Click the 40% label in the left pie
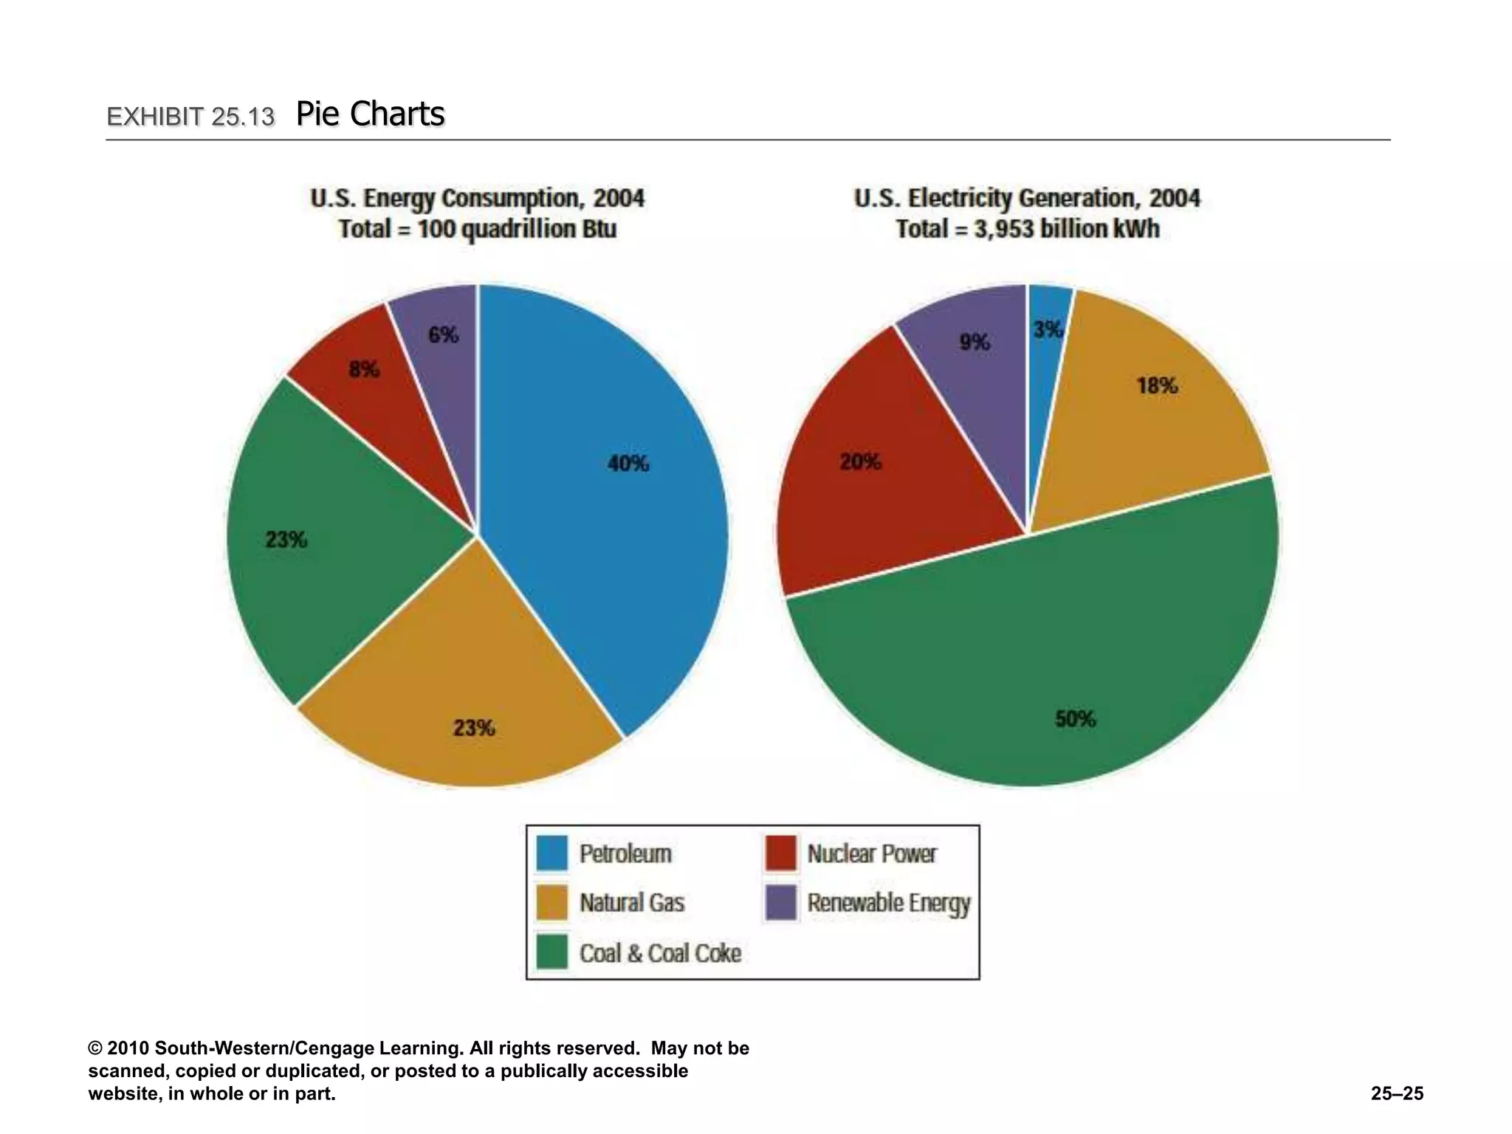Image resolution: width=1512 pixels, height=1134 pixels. pyautogui.click(x=628, y=464)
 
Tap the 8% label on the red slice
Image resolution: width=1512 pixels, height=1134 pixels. pyautogui.click(x=364, y=369)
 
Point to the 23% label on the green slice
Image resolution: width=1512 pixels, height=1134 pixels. pyautogui.click(x=286, y=540)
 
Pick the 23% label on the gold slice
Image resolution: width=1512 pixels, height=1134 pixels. pyautogui.click(x=474, y=729)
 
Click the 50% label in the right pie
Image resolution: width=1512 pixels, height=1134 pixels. pyautogui.click(x=1076, y=718)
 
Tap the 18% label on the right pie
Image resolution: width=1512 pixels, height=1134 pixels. pyautogui.click(x=1157, y=385)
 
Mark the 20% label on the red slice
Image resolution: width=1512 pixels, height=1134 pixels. pyautogui.click(x=860, y=462)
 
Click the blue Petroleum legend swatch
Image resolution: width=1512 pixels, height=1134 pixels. pyautogui.click(x=552, y=853)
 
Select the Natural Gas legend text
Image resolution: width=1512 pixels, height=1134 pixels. pyautogui.click(x=632, y=903)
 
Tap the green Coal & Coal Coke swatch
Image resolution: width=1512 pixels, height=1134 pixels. pyautogui.click(x=552, y=952)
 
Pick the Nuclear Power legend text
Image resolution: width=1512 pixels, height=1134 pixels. pyautogui.click(x=872, y=853)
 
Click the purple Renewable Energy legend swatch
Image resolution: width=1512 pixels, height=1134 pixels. pyautogui.click(x=781, y=902)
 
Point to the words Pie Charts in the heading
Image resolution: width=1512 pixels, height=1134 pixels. pyautogui.click(x=371, y=114)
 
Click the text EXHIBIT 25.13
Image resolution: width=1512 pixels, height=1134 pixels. pyautogui.click(x=190, y=117)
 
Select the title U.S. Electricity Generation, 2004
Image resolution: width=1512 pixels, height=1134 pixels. pyautogui.click(x=1027, y=199)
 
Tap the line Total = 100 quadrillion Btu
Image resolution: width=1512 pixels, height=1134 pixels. pyautogui.click(x=477, y=229)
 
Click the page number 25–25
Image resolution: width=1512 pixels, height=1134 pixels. pyautogui.click(x=1397, y=1093)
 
